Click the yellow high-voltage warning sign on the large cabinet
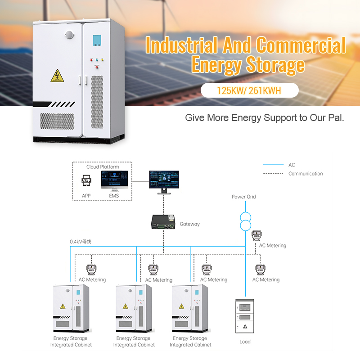tap(57, 76)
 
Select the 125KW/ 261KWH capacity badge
tap(249, 90)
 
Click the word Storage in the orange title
tap(275, 65)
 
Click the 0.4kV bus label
tap(81, 242)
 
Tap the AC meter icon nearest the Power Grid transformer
tap(256, 236)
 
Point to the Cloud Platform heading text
tap(103, 167)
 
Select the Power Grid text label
tap(244, 197)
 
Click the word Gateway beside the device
tap(189, 224)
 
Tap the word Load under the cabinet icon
tap(245, 342)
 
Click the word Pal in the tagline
tap(336, 118)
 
